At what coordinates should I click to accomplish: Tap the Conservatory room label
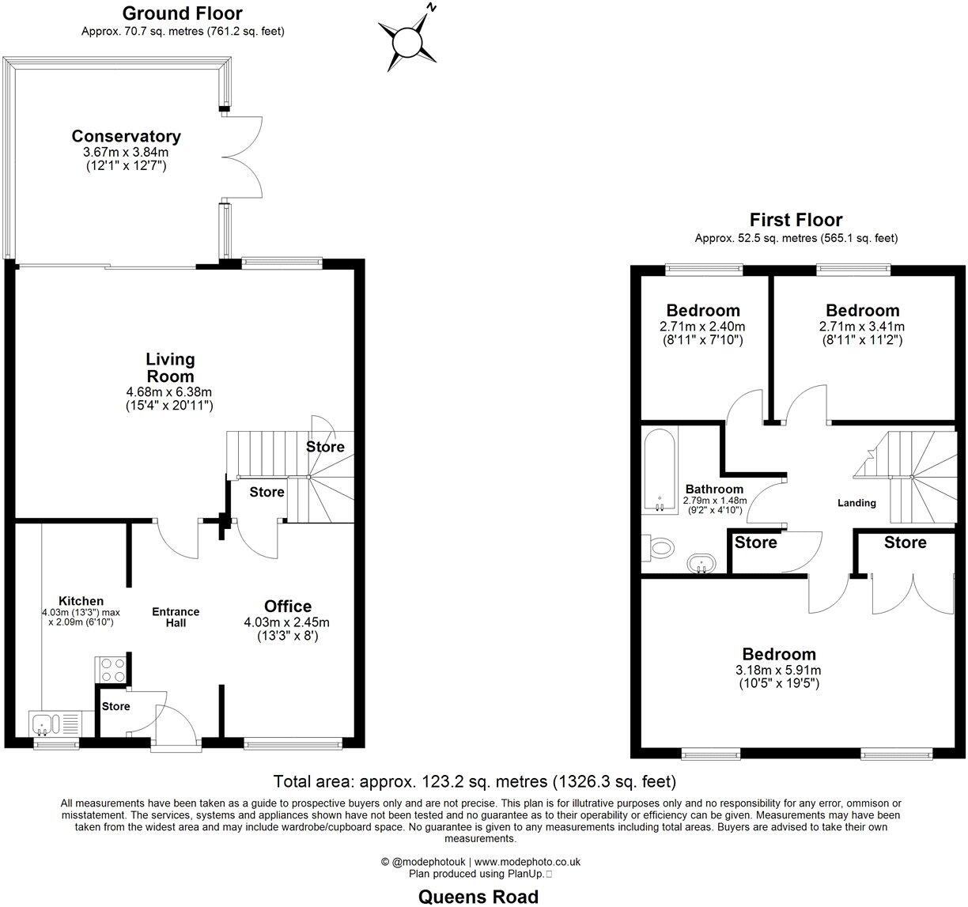126,136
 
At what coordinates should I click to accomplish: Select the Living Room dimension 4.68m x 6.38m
169,391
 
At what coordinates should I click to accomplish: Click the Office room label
287,607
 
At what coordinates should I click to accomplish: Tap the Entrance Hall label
176,618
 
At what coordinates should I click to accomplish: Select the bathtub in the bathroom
658,471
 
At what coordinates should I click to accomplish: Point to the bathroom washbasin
701,564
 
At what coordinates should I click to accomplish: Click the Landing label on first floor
856,503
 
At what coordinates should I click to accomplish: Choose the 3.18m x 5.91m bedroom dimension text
778,670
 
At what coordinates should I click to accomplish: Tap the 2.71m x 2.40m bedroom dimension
702,327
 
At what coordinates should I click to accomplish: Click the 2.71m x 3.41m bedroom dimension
862,327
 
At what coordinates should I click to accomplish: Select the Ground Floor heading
183,13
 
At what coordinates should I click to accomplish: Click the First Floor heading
796,220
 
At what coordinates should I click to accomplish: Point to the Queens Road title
478,896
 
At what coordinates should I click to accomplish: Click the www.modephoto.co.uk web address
527,862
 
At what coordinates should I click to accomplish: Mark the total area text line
475,782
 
